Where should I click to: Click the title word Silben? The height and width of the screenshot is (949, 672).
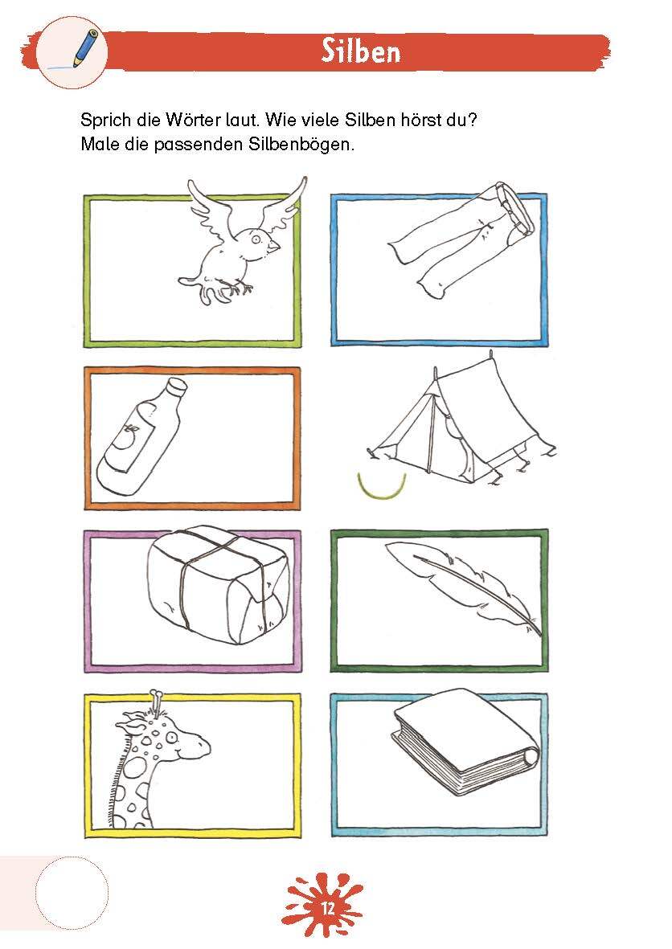361,51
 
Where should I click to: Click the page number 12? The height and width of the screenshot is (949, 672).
327,909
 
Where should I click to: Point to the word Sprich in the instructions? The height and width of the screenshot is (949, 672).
106,120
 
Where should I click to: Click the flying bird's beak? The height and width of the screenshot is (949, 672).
275,246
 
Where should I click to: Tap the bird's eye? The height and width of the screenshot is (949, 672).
256,239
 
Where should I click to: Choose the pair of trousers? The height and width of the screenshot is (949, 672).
461,239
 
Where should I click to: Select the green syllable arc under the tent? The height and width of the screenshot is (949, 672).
381,487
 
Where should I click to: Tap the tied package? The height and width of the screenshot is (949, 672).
219,586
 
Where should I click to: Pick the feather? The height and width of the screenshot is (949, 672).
464,587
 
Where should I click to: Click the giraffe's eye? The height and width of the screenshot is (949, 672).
171,737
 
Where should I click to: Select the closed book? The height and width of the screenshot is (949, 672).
465,742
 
